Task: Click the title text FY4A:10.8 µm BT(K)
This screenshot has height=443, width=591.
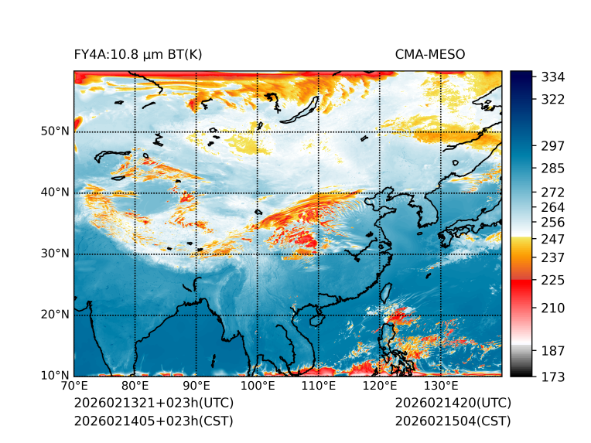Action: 138,54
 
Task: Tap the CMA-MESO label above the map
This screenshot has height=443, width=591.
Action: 430,54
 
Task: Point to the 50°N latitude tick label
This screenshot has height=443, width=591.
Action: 55,131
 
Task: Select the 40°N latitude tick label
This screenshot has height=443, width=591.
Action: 55,193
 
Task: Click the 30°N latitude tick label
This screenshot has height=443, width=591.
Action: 55,254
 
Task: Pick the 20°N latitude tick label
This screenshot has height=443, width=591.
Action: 55,315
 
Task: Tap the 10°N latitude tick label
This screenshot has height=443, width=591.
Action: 55,376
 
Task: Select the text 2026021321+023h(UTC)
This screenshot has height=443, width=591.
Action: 153,404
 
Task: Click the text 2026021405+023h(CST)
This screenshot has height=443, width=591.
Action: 153,421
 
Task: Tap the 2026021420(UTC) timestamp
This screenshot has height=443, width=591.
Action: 453,404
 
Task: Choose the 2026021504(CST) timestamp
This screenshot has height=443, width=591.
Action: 453,421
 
